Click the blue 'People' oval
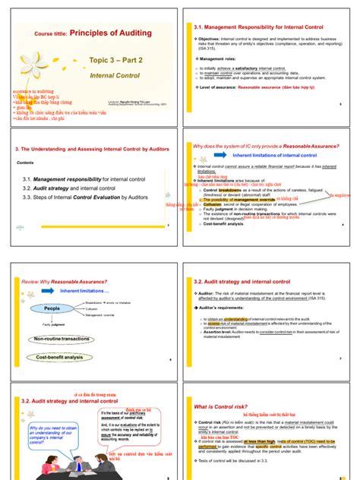pyautogui.click(x=51, y=308)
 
